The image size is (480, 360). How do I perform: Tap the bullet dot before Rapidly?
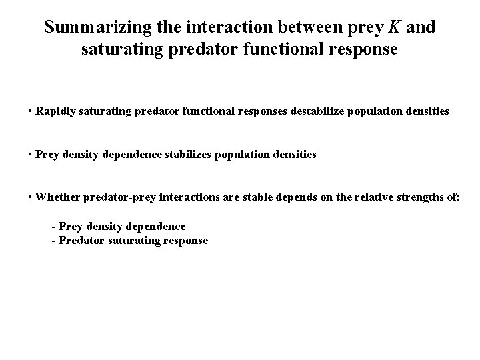pyautogui.click(x=31, y=111)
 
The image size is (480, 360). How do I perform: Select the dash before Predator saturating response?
pyautogui.click(x=53, y=241)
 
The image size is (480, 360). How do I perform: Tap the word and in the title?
pyautogui.click(x=420, y=28)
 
